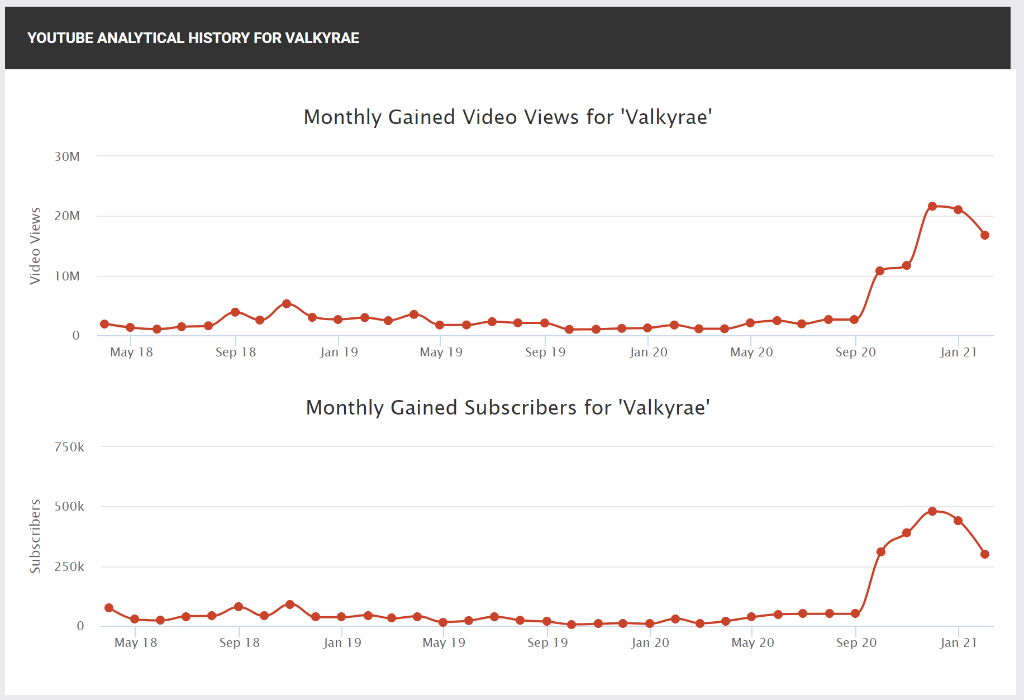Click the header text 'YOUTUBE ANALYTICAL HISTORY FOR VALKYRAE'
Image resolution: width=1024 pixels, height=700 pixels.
click(193, 38)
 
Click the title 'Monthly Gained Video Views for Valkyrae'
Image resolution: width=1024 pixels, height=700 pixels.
click(507, 117)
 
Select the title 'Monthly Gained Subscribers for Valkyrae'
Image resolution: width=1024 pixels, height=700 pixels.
click(507, 408)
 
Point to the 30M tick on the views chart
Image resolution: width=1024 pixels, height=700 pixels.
click(67, 157)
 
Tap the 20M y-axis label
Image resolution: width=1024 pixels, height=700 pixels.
click(67, 216)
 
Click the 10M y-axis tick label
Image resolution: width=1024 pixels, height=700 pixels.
click(67, 277)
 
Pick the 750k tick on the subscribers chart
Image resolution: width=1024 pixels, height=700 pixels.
click(69, 447)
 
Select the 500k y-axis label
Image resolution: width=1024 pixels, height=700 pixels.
click(69, 507)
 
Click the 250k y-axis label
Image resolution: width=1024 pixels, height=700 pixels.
click(69, 567)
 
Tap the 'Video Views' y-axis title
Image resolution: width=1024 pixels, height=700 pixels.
click(35, 246)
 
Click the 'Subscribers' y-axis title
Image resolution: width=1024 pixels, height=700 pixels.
click(35, 536)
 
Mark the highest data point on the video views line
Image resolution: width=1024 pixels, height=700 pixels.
click(932, 206)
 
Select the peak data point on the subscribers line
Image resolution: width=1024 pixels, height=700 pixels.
click(932, 511)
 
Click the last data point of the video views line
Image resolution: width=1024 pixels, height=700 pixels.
click(985, 235)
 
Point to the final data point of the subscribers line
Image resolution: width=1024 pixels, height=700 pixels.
click(985, 554)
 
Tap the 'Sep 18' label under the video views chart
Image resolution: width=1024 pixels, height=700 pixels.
click(236, 353)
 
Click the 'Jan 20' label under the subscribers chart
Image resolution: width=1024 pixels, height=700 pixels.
click(650, 643)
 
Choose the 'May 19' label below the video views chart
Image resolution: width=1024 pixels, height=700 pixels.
click(441, 353)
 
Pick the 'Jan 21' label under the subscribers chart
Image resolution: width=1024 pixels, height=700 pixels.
click(959, 643)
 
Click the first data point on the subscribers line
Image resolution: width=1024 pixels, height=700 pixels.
click(109, 608)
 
